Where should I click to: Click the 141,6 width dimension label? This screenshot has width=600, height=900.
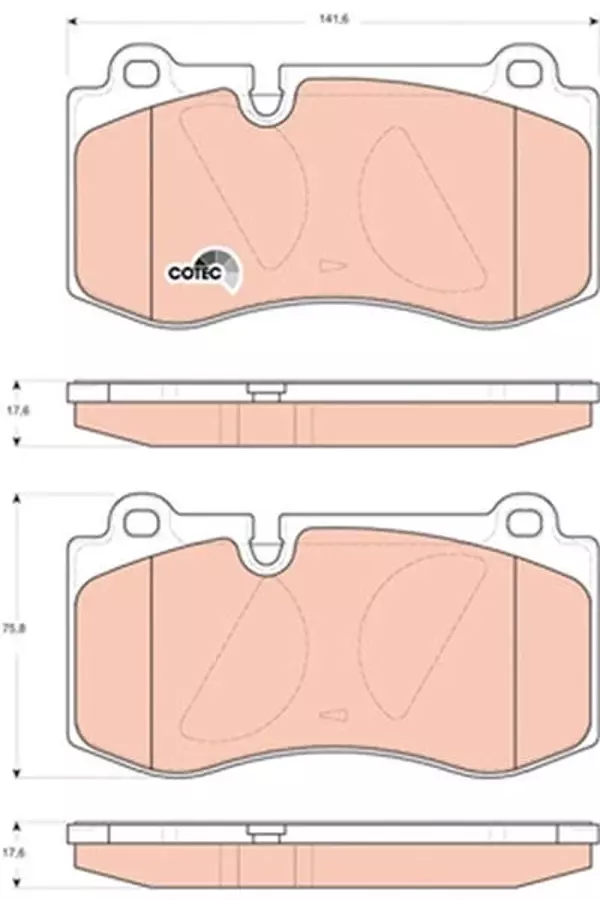point(335,19)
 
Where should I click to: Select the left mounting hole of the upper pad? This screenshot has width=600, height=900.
point(140,72)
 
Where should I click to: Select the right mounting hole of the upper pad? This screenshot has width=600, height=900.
point(524,72)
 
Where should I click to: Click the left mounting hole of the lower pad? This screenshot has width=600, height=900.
point(140,521)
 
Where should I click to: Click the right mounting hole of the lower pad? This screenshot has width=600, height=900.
point(524,521)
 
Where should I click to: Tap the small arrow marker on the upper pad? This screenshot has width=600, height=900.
point(333,266)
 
